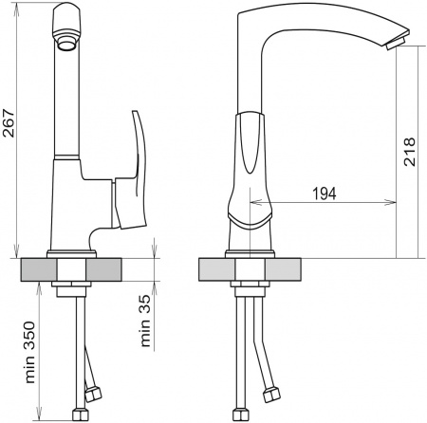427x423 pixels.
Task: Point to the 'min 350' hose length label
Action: pos(34,356)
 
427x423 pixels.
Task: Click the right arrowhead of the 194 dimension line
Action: pos(392,201)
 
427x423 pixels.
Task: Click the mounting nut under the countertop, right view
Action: pos(250,287)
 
